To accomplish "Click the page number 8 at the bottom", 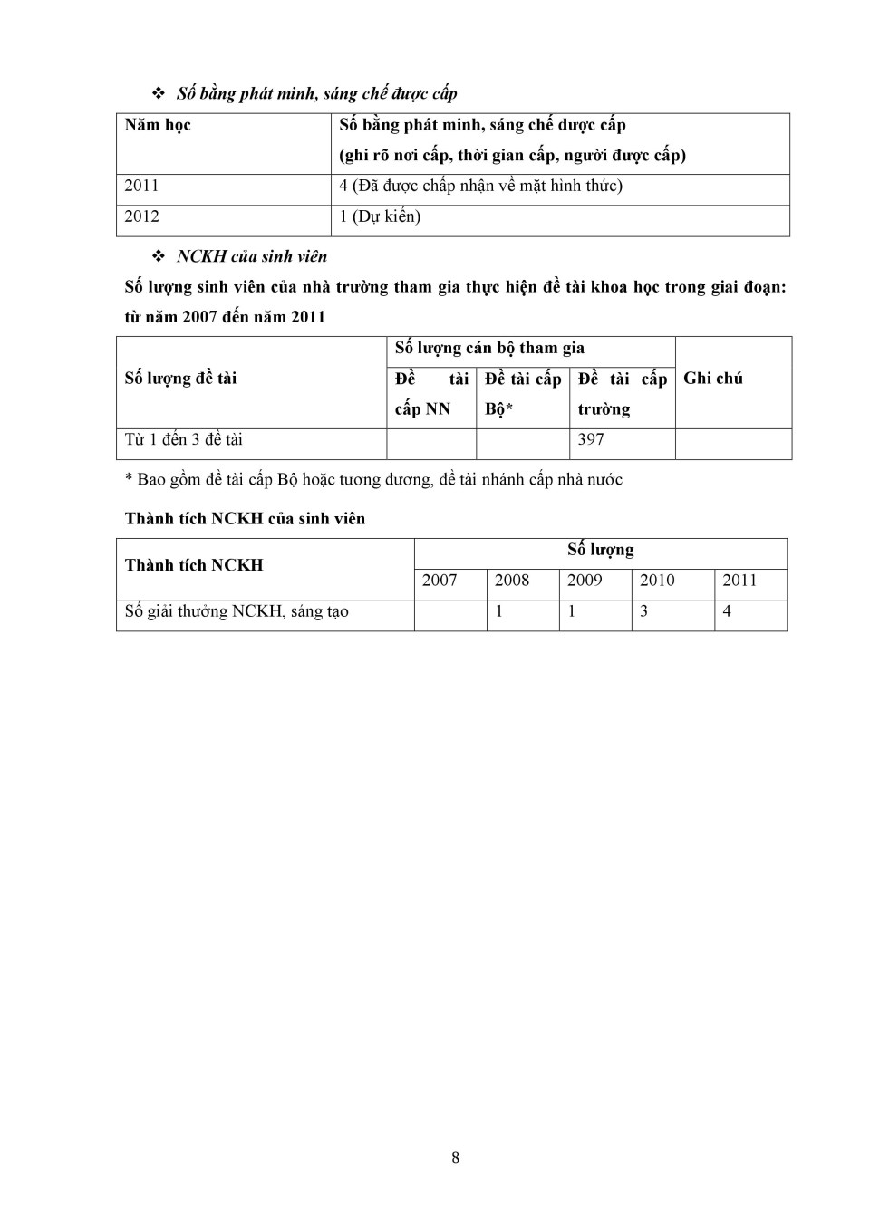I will pos(455,1157).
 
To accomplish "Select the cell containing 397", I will pos(591,440).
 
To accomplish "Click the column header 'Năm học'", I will pos(158,125).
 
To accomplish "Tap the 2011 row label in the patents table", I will pos(141,186).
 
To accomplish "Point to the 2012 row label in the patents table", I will pos(141,216).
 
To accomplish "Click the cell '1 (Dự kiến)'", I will pos(380,216).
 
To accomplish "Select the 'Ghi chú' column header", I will pos(713,379).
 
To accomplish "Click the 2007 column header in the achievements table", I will pos(440,581).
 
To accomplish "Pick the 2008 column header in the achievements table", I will pos(512,581).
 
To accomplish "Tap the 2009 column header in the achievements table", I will pos(585,581).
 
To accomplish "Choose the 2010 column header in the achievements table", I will pos(657,581).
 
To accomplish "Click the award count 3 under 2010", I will pos(644,611).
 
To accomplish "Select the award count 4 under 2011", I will pos(727,611).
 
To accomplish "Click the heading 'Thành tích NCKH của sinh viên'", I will pos(245,519).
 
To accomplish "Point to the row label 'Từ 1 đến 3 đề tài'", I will pos(184,440).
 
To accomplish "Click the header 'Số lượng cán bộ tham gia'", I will pos(489,348).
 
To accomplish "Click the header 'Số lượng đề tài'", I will pos(180,379).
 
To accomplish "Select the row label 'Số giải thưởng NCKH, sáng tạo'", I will pos(237,611).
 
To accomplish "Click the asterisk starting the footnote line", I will pos(129,479).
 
